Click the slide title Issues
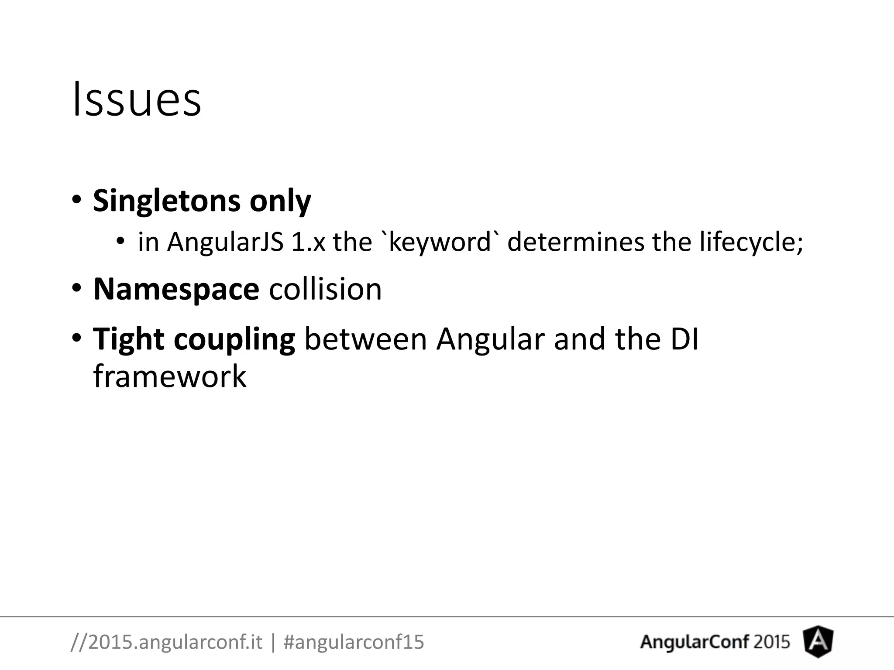(x=137, y=100)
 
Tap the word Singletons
(x=166, y=201)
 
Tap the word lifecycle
(x=750, y=243)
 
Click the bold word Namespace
(x=176, y=290)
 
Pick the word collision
(x=325, y=289)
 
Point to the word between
(x=365, y=339)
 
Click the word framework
(x=170, y=376)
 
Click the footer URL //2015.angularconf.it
(x=166, y=642)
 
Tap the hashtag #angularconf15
(x=354, y=642)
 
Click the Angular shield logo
(x=818, y=642)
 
